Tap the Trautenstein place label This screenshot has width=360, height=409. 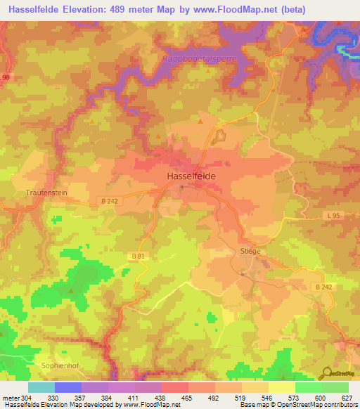click(x=45, y=191)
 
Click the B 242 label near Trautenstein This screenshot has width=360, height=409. click(x=108, y=202)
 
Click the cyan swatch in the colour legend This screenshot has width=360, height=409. click(x=41, y=387)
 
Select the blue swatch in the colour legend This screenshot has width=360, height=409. click(x=67, y=387)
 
